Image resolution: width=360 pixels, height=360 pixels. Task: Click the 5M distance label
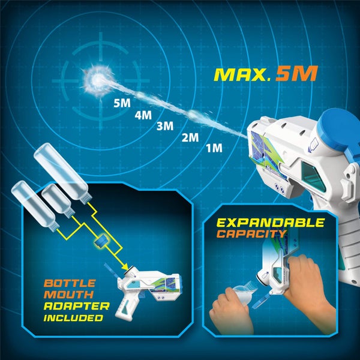click(122, 103)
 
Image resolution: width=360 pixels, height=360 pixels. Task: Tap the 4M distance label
click(143, 115)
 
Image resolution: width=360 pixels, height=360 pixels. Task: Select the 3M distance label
click(164, 126)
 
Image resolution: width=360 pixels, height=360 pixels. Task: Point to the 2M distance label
click(190, 137)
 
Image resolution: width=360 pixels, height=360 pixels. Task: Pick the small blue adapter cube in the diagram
click(100, 241)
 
